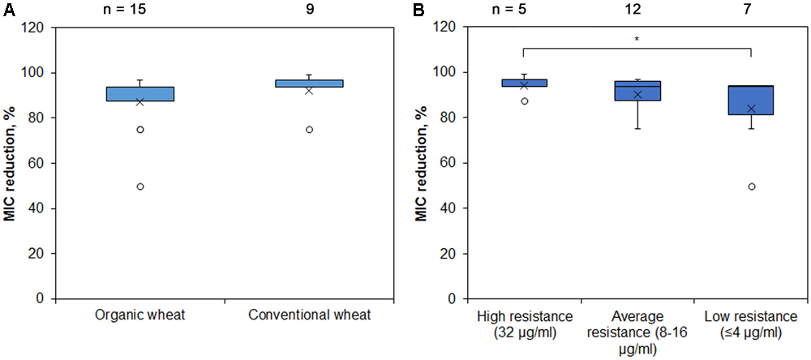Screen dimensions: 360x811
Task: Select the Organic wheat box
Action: (x=139, y=93)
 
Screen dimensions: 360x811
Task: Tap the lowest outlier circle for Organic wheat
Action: (x=140, y=186)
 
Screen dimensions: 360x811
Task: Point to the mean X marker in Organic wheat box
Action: (x=139, y=102)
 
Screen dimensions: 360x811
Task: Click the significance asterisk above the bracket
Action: (x=637, y=39)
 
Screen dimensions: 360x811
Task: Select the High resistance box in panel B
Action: (x=524, y=83)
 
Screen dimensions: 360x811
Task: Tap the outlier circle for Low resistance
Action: (x=751, y=186)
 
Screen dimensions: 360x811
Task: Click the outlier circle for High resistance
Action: (x=524, y=101)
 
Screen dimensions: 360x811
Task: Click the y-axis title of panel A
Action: (x=11, y=163)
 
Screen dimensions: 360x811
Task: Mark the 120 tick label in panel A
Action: (x=33, y=28)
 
